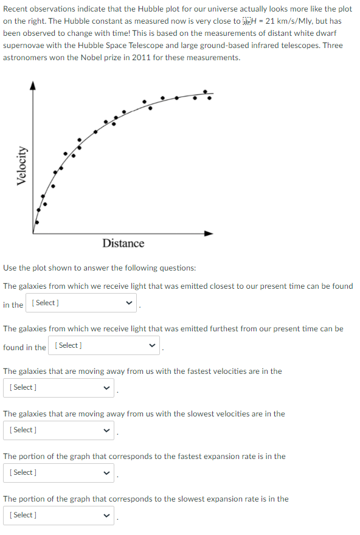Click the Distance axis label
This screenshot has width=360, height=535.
coord(123,243)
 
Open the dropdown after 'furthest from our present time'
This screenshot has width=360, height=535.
coord(104,345)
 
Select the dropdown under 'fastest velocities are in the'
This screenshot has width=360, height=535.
coord(58,387)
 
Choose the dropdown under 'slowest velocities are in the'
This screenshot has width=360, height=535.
coord(58,430)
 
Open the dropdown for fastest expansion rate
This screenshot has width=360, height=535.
coord(58,472)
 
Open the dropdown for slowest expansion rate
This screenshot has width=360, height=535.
coord(58,515)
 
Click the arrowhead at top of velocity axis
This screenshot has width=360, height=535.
coord(34,86)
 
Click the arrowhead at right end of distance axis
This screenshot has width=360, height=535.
coord(209,233)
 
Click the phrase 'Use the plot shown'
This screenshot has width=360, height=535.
coord(36,268)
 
